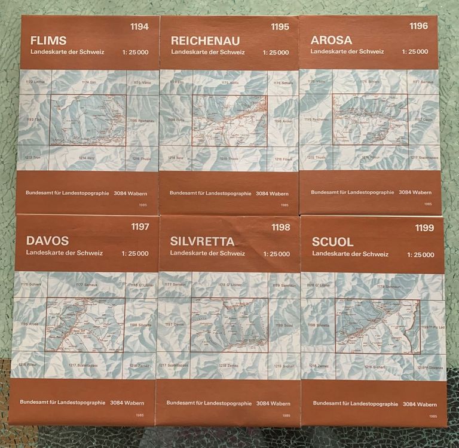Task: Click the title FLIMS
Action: coord(48,41)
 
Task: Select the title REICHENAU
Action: coord(205,41)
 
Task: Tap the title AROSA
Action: coord(331,40)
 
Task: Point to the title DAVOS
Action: coord(47,241)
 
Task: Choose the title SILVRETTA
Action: coord(202,241)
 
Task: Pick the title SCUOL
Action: coord(333,242)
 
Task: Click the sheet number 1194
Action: coord(139,26)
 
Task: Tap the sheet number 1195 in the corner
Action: coord(280,26)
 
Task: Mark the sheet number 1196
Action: coord(418,26)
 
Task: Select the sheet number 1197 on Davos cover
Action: coord(140,226)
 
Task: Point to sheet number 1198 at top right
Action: coord(280,227)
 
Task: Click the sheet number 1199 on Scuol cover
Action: coord(424,228)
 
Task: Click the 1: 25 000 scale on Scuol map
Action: coord(421,254)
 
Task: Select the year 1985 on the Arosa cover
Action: coord(427,204)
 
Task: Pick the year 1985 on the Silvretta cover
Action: coord(286,416)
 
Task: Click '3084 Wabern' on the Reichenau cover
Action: coord(272,194)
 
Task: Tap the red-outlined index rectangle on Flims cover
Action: coord(88,120)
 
